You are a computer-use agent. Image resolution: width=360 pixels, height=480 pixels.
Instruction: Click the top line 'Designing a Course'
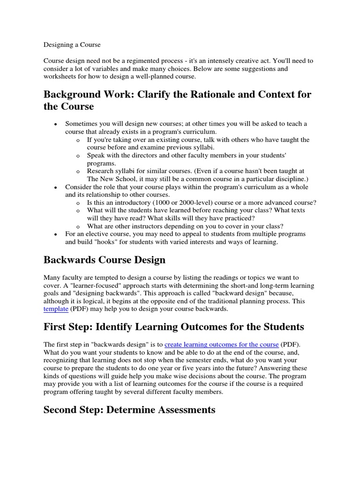72,45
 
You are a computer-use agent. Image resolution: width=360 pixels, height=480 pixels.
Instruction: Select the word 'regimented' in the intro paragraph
142,61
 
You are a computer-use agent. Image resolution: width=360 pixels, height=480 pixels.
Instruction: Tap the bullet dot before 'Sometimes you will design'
56,124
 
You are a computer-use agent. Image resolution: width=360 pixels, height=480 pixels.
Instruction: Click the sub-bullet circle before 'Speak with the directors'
78,155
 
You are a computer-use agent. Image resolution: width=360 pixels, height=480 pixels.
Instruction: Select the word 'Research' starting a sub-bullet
101,171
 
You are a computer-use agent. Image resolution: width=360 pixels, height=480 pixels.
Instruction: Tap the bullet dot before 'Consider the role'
56,187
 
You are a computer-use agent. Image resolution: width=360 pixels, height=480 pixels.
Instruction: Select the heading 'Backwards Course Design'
105,260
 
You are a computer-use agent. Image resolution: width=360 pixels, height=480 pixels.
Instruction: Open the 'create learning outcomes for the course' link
222,345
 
